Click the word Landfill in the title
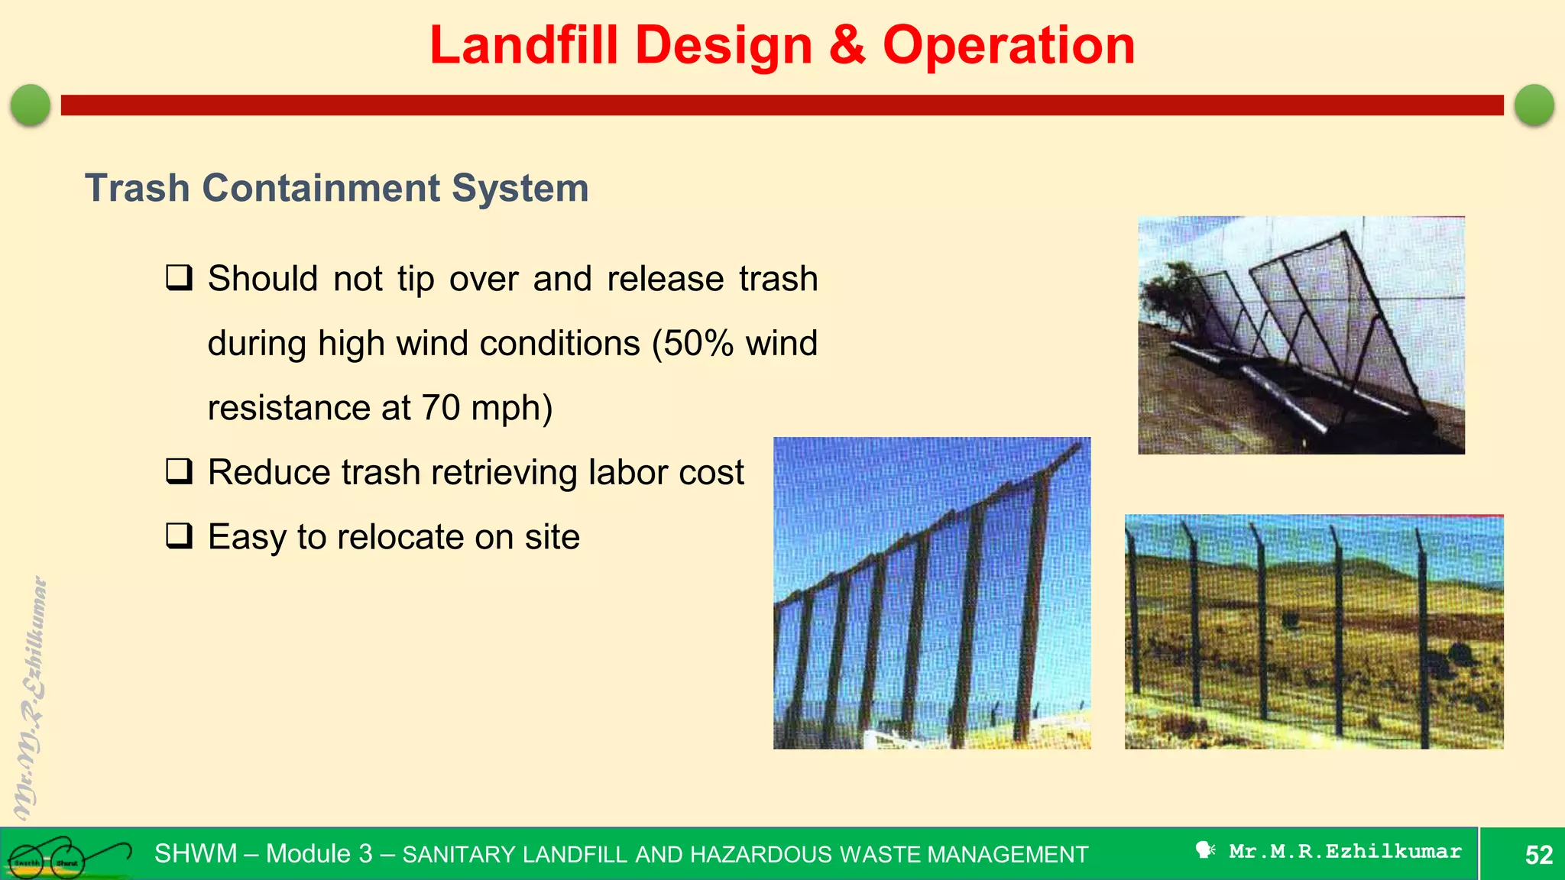coord(523,46)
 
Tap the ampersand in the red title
coord(847,46)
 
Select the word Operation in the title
coord(1009,46)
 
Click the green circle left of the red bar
coord(31,105)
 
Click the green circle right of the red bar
coord(1534,105)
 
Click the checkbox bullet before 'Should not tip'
coord(179,278)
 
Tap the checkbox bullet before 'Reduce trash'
coord(179,471)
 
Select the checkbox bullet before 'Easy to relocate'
coord(179,536)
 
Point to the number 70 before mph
coord(440,408)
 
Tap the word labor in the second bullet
coord(630,472)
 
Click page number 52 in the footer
coord(1538,854)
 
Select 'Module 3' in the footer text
coord(319,853)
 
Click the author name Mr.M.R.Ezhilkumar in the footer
coord(1345,852)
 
